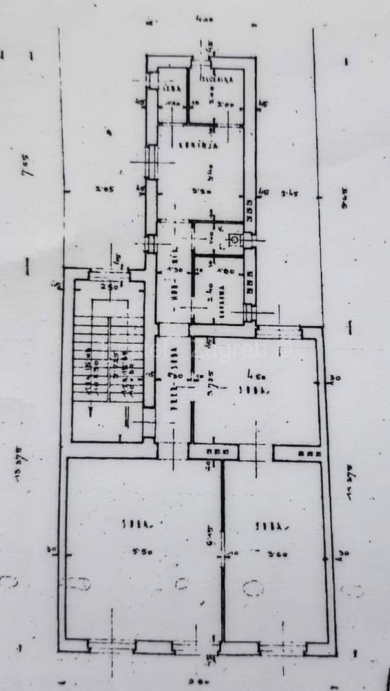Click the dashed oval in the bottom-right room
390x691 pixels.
(x=252, y=588)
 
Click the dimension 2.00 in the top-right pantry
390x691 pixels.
(x=225, y=105)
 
